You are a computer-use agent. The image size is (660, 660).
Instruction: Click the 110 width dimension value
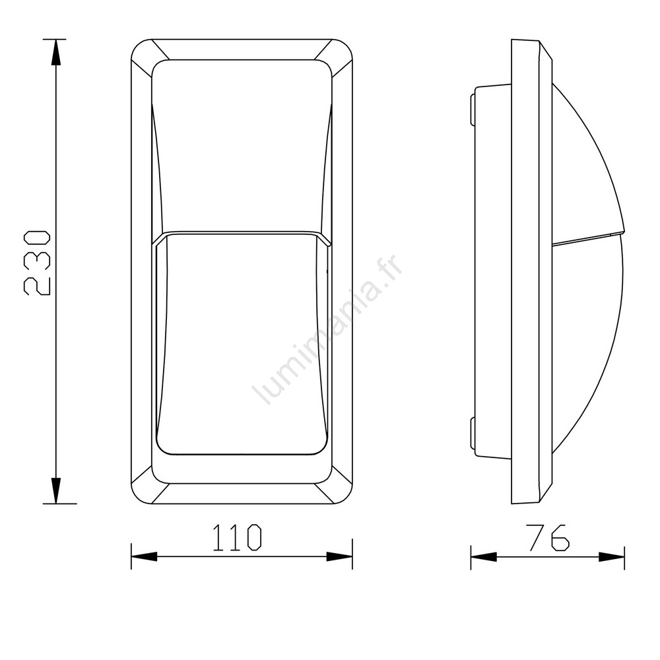237,537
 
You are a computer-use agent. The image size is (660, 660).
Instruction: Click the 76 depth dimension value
549,537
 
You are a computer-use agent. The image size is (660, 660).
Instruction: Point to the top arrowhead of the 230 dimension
55,52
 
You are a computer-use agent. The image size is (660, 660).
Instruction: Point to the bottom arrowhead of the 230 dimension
55,490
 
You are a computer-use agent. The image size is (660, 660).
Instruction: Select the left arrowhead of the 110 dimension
144,556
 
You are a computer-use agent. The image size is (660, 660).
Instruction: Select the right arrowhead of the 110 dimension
339,556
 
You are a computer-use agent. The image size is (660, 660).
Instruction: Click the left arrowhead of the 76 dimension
484,557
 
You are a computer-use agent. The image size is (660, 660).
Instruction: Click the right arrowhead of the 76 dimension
612,557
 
